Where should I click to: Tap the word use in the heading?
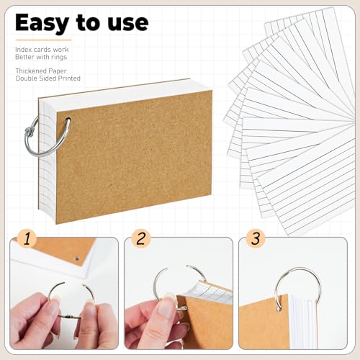click(125, 22)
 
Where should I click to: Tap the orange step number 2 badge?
click(141, 238)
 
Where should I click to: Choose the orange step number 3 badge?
click(254, 238)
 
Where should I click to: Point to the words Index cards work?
click(36, 49)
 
